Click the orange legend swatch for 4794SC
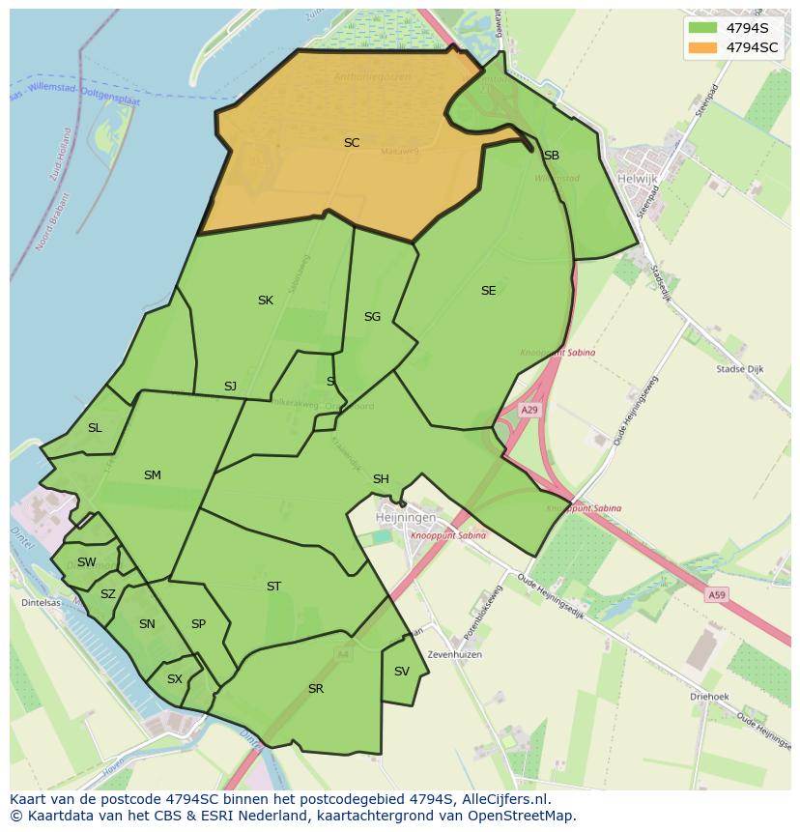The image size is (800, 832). (703, 47)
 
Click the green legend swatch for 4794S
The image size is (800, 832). (703, 27)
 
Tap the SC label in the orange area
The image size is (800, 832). (352, 143)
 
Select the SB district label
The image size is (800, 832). (551, 156)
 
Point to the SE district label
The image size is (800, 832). (488, 291)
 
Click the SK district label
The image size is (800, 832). (266, 301)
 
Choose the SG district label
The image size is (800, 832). (372, 317)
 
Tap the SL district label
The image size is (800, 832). (95, 428)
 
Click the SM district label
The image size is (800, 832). (152, 475)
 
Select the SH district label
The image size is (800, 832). (381, 479)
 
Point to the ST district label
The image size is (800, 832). (273, 587)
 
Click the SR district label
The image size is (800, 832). (316, 689)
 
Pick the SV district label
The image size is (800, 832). (402, 672)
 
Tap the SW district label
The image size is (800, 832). (87, 562)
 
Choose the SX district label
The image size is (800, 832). (175, 679)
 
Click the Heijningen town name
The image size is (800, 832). (403, 519)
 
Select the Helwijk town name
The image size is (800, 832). (637, 179)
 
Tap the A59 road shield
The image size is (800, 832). (716, 595)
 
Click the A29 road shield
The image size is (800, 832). (529, 411)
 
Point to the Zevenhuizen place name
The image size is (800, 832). (455, 655)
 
